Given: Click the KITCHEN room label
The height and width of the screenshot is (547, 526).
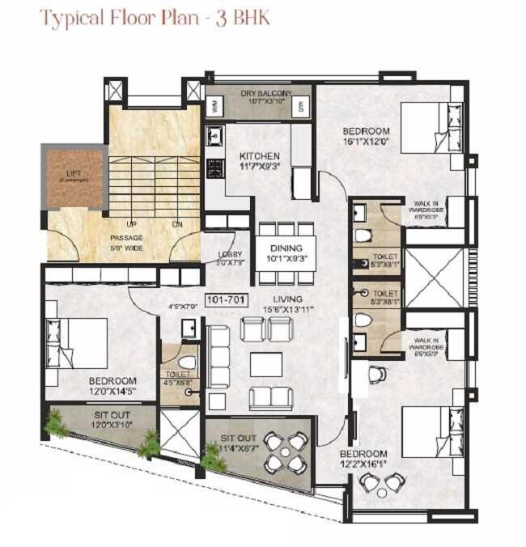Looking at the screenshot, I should (259, 155).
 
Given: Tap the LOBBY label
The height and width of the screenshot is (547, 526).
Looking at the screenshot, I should (230, 254).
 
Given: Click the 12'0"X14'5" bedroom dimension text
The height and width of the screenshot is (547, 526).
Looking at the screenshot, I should (112, 392).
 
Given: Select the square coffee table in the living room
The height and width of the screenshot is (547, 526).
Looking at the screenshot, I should (265, 365).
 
